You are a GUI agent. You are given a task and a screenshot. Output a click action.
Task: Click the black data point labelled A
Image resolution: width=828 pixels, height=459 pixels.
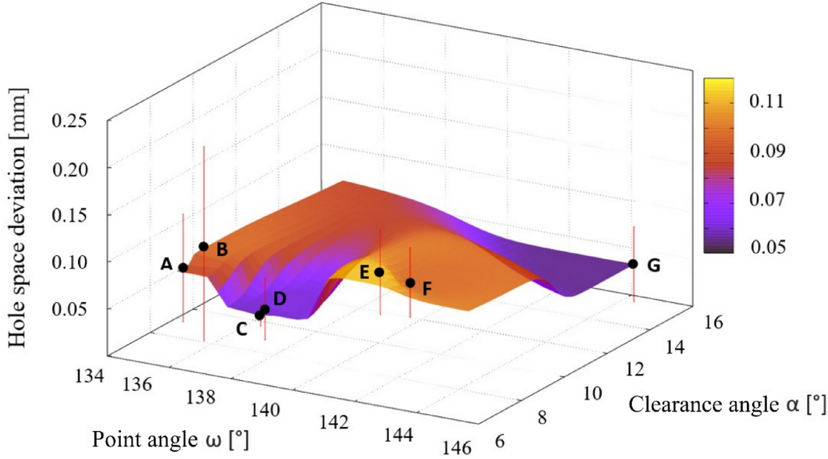183,268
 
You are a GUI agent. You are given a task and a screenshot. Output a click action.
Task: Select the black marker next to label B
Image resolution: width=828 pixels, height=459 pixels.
204,247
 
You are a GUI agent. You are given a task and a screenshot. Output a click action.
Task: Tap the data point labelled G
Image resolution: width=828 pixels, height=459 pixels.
633,264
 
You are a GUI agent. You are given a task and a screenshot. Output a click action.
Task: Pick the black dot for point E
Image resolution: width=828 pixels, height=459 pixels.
379,272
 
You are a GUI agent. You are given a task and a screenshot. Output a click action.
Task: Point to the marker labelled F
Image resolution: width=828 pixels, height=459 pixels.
410,283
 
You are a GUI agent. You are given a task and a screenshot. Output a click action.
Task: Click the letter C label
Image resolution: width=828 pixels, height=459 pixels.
242,329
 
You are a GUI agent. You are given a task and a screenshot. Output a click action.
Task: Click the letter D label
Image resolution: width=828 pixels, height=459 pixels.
279,297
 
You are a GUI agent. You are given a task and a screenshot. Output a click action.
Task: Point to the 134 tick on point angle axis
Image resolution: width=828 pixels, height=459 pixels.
91,377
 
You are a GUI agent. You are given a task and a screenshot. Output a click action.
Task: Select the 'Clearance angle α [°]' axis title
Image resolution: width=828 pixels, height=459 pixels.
727,404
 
